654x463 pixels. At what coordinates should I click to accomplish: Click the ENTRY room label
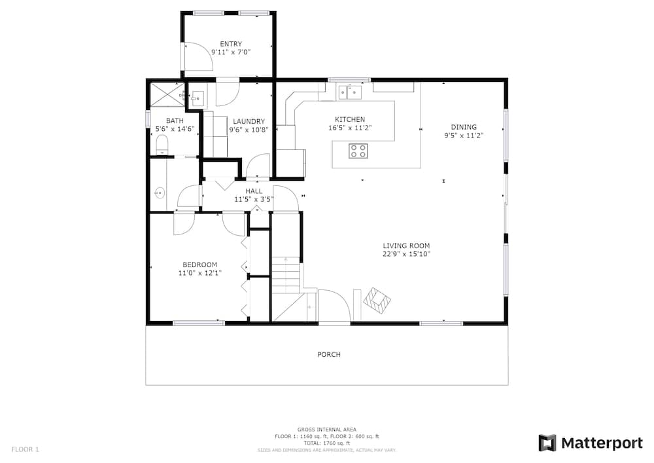tap(231, 44)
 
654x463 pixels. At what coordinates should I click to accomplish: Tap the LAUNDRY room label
tap(249, 122)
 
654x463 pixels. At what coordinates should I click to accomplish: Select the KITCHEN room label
tap(350, 119)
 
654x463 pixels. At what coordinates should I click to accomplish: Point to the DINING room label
tap(464, 127)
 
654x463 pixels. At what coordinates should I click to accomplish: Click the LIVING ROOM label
tap(406, 246)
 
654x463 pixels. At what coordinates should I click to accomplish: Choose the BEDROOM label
tap(199, 265)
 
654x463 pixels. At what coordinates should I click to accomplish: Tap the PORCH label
tap(329, 354)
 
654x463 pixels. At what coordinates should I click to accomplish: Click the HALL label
tap(254, 191)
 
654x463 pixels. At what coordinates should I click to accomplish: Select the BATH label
tap(175, 120)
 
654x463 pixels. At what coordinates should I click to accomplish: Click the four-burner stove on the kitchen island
tap(358, 151)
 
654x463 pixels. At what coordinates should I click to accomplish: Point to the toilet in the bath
tap(162, 145)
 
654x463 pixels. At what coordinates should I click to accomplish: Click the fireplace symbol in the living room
tap(377, 301)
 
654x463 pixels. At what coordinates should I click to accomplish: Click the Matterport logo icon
tap(547, 443)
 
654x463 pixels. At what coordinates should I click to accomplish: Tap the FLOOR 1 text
tap(25, 450)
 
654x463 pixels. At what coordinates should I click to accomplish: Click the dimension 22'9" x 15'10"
tap(406, 254)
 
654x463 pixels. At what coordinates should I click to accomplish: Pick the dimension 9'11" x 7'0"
tap(231, 52)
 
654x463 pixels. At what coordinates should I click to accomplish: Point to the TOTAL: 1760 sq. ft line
tap(326, 443)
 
